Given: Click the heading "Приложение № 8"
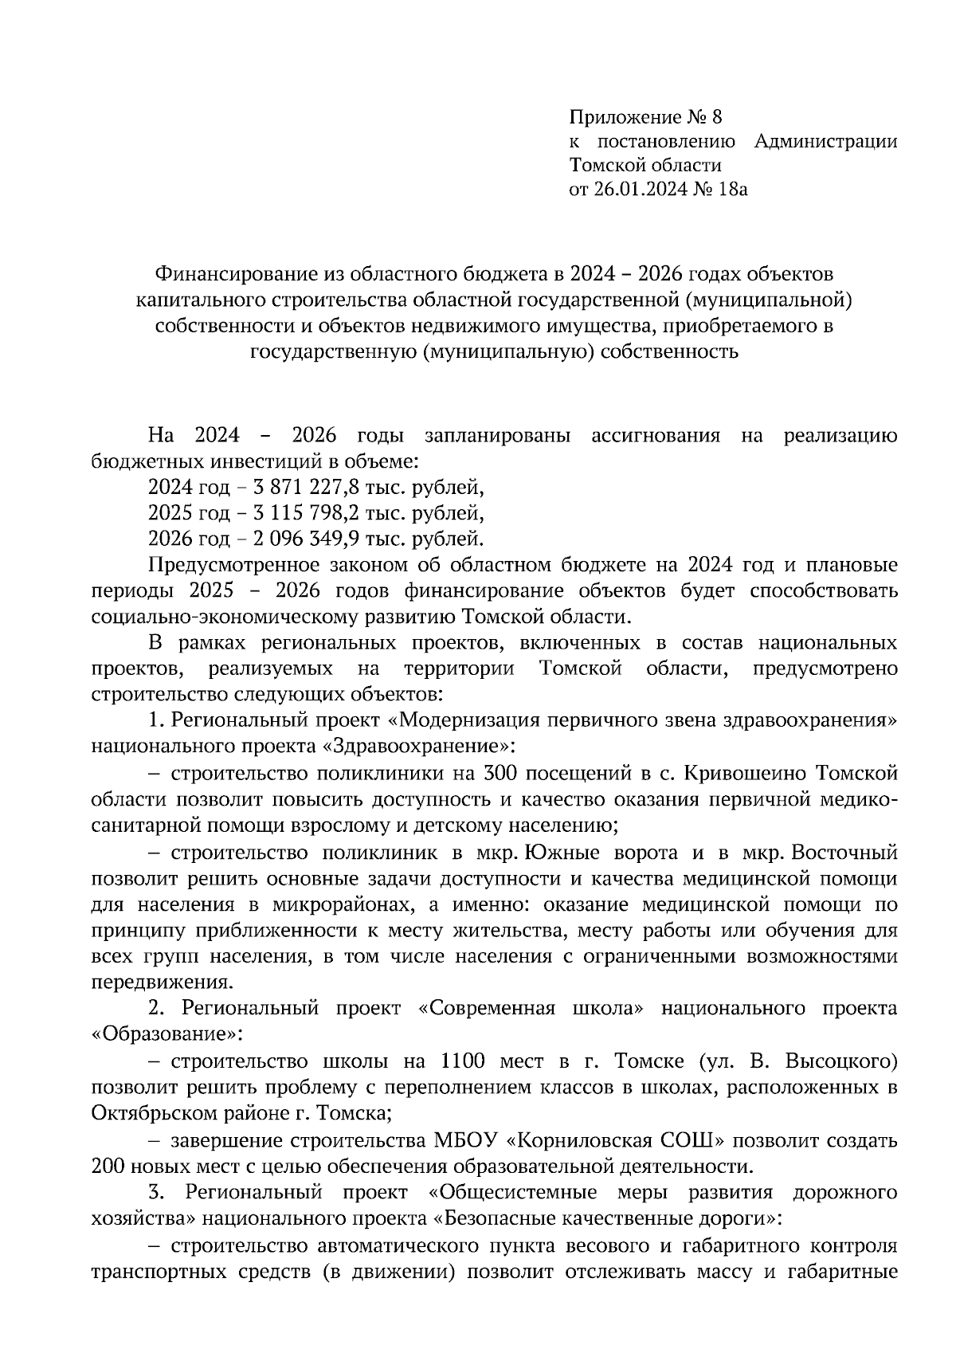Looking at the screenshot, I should pyautogui.click(x=645, y=118).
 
